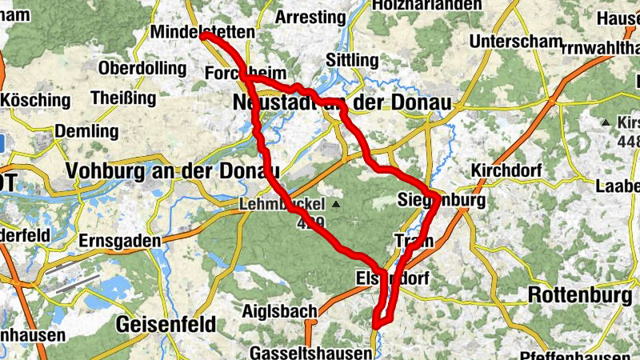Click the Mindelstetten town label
[202, 32]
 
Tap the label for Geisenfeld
[166, 325]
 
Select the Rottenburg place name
[581, 295]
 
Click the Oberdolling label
[142, 68]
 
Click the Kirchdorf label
[507, 172]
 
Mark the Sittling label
[352, 60]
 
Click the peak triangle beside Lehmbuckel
[336, 206]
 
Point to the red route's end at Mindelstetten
[203, 36]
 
